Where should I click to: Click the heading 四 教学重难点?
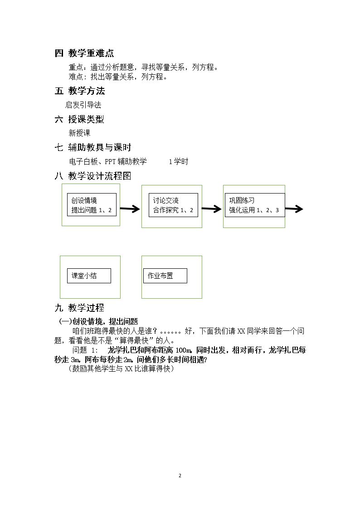click(84, 53)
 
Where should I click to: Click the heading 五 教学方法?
click(80, 91)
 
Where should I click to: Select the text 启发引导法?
click(83, 105)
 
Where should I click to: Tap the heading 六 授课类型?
click(79, 119)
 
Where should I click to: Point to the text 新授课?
click(79, 133)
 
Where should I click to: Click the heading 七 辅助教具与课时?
click(93, 147)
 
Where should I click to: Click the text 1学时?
click(179, 161)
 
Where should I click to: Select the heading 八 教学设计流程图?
click(93, 176)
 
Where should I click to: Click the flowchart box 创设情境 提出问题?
click(92, 205)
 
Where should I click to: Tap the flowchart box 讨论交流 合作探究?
click(173, 205)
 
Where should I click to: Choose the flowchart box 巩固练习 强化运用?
click(255, 205)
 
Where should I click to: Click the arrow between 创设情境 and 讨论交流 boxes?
click(130, 209)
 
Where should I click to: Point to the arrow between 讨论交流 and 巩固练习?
click(212, 209)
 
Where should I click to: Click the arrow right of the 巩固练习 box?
click(294, 209)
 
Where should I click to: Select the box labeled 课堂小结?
click(89, 276)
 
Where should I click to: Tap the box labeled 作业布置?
click(165, 276)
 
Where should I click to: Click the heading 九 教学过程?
click(79, 308)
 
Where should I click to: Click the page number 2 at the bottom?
click(180, 475)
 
